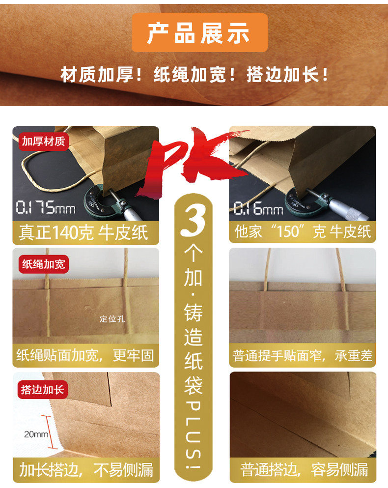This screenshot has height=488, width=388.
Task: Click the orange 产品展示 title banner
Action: pyautogui.click(x=199, y=33)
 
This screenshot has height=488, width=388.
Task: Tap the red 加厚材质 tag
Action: pyautogui.click(x=43, y=142)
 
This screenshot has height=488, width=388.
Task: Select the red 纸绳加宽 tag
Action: pyautogui.click(x=43, y=264)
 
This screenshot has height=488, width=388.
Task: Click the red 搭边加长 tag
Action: pyautogui.click(x=43, y=390)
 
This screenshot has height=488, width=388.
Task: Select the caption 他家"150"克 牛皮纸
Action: pyautogui.click(x=302, y=232)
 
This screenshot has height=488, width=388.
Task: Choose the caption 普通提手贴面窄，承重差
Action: pyautogui.click(x=302, y=355)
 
